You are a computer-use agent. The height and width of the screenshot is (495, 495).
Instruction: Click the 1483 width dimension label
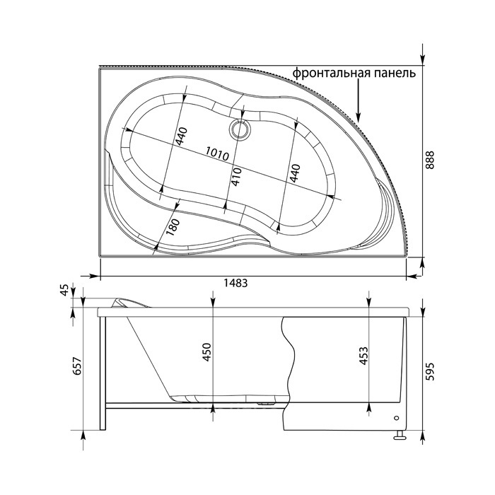click(x=235, y=283)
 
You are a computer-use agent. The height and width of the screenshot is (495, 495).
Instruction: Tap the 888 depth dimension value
click(x=430, y=160)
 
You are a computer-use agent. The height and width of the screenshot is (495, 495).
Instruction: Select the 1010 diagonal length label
click(x=217, y=153)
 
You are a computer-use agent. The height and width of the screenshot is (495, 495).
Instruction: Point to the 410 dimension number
click(x=237, y=177)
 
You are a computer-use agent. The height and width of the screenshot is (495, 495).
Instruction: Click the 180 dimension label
click(x=173, y=227)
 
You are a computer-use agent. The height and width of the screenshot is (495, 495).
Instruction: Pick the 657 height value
click(x=78, y=366)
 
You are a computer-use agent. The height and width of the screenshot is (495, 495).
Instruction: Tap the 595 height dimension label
click(x=430, y=371)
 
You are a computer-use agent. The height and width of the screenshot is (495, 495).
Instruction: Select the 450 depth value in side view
click(x=206, y=352)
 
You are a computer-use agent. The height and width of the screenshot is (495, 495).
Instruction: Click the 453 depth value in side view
click(x=363, y=356)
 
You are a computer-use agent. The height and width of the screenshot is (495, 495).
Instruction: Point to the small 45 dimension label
click(x=64, y=290)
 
